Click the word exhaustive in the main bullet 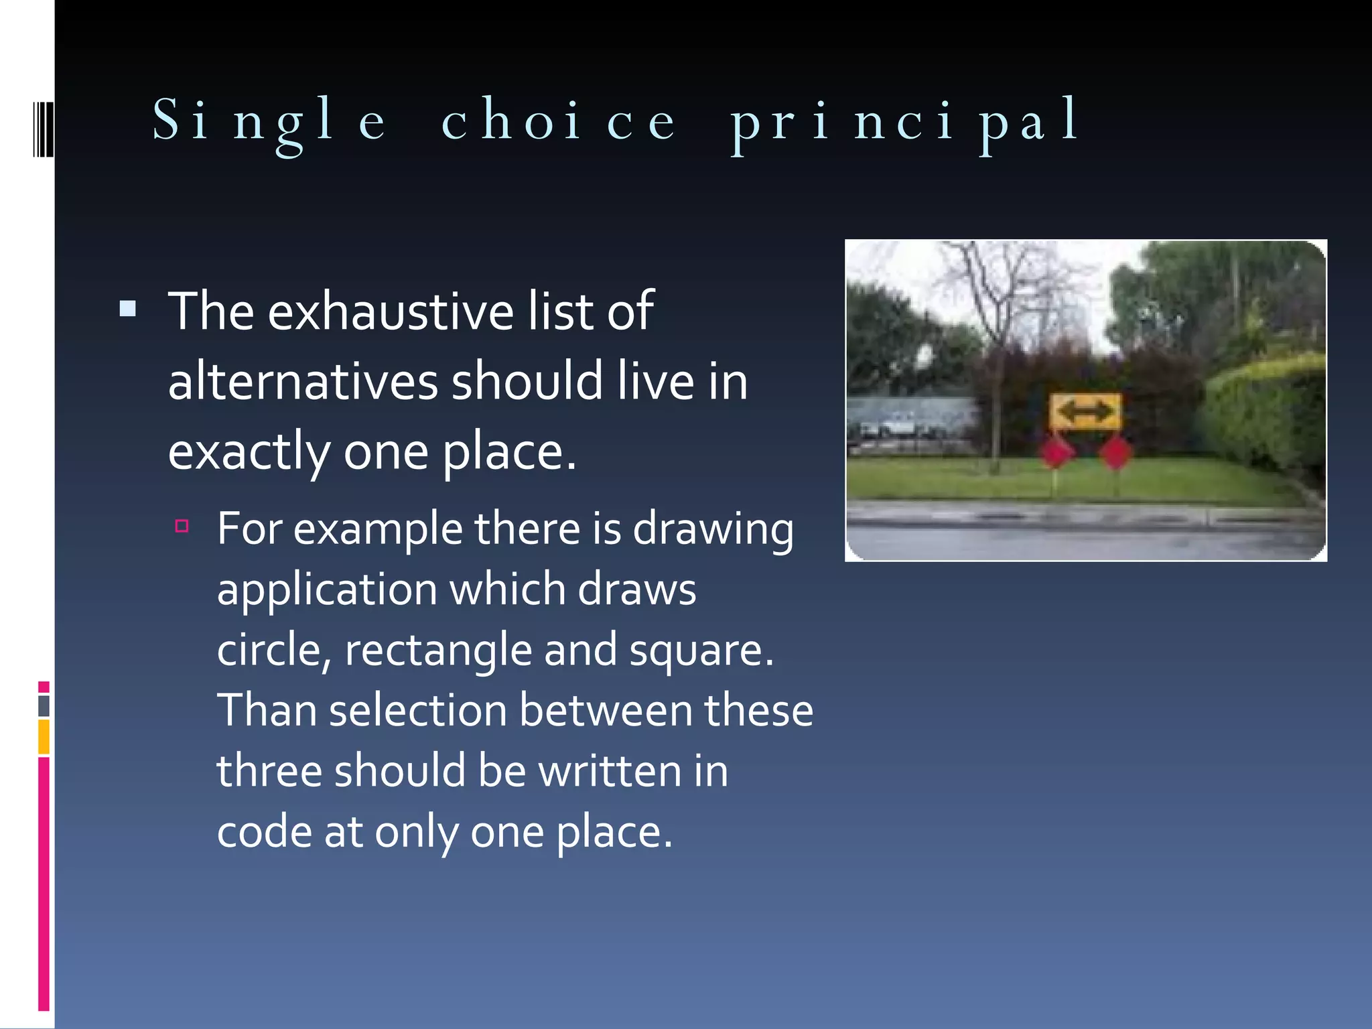point(391,312)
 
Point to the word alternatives point(303,382)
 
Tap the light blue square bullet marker point(128,309)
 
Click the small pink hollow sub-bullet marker point(182,526)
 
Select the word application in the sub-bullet point(327,590)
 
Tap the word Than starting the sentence point(267,710)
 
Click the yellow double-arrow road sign point(1085,412)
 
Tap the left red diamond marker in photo point(1056,452)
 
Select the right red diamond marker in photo point(1115,454)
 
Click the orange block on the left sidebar point(44,736)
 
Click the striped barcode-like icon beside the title point(43,129)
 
